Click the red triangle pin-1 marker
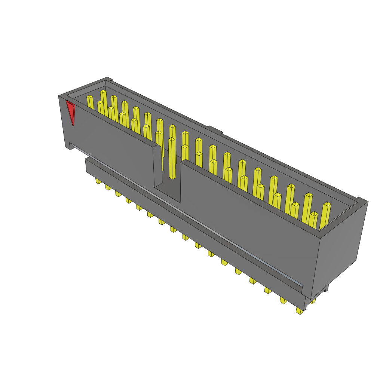click(x=70, y=111)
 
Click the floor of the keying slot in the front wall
click(x=167, y=190)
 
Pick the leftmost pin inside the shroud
click(x=90, y=102)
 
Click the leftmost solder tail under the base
click(x=98, y=181)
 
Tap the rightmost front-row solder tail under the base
click(x=299, y=311)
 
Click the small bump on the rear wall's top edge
click(x=215, y=129)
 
